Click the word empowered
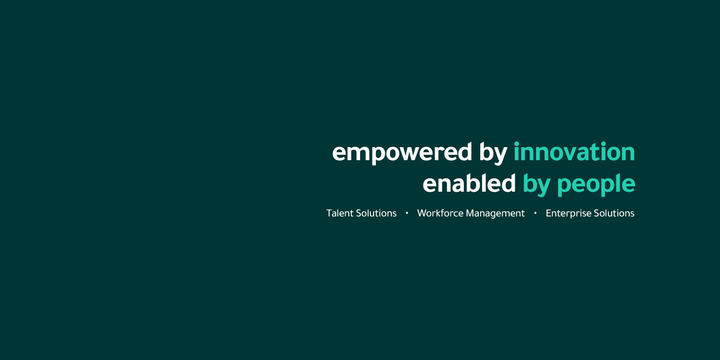pyautogui.click(x=402, y=153)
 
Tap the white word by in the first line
pyautogui.click(x=493, y=153)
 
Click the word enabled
pyautogui.click(x=469, y=183)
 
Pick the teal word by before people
pyautogui.click(x=536, y=184)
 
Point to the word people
pyautogui.click(x=596, y=184)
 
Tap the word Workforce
pyautogui.click(x=441, y=213)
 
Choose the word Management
pyautogui.click(x=495, y=214)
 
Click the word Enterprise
pyautogui.click(x=569, y=214)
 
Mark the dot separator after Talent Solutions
pyautogui.click(x=407, y=213)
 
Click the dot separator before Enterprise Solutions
pyautogui.click(x=535, y=213)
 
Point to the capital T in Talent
pyautogui.click(x=329, y=213)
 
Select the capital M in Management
pyautogui.click(x=470, y=213)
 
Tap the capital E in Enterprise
pyautogui.click(x=549, y=213)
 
